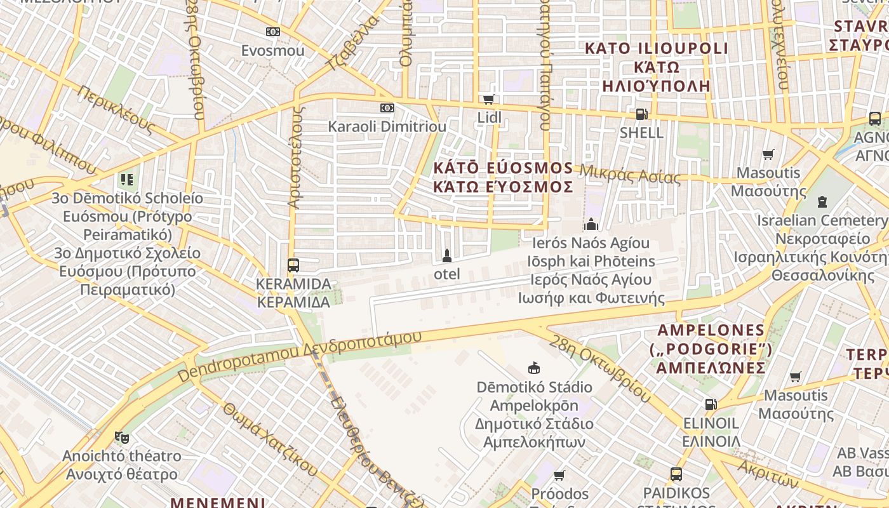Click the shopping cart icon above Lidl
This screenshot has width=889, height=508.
coord(488,99)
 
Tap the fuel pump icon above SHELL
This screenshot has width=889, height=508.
coord(641,114)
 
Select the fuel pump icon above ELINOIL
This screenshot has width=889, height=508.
coord(711,404)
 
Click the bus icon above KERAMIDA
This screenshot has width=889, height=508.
coord(293,265)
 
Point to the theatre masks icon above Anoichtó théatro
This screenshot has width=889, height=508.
coord(121,438)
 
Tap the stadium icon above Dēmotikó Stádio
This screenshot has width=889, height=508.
coord(534,368)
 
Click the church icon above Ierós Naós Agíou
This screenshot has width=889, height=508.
coord(591,224)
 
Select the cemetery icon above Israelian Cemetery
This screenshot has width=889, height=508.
coord(822,202)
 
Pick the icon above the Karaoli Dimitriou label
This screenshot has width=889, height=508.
coord(387,108)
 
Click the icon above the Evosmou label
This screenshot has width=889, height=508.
coord(272,32)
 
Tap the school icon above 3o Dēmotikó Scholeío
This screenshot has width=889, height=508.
coord(127,180)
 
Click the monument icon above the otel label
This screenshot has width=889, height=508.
coord(446,256)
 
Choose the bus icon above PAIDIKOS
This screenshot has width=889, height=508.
coord(676,474)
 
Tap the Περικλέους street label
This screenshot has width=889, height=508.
coord(116,109)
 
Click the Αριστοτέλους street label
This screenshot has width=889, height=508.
coord(295,157)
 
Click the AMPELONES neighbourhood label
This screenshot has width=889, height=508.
coord(711,330)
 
